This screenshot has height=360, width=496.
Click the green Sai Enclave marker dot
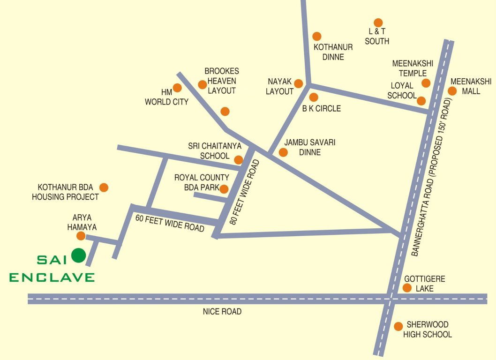[78, 255]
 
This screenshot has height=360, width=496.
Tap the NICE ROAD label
[222, 311]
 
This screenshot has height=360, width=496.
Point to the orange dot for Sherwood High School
[398, 326]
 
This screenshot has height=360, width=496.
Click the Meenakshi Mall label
[471, 86]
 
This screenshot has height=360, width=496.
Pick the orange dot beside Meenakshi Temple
[426, 83]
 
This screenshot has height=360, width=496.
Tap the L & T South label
[377, 37]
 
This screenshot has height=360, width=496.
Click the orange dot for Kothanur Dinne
[317, 36]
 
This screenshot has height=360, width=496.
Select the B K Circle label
[321, 108]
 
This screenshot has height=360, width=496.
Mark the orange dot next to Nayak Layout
[298, 83]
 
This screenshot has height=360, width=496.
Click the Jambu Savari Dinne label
[310, 147]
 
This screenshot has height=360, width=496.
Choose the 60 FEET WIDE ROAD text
[170, 223]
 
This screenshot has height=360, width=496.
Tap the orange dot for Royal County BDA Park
[224, 189]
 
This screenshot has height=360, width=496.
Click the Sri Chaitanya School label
[209, 151]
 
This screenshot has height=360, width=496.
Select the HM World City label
[166, 97]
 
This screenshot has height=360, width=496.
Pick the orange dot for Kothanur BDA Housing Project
[104, 187]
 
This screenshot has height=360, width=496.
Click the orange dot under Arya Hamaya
[81, 236]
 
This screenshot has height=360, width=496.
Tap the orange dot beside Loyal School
[421, 101]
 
